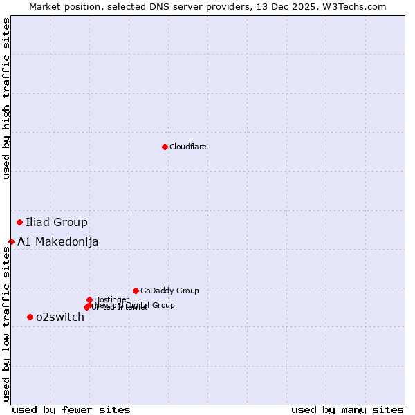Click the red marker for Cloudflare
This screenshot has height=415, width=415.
165,147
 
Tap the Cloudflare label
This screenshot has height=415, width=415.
188,147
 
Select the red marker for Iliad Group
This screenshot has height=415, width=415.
20,222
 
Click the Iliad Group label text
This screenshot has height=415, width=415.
57,222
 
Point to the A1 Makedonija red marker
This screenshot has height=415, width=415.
12,241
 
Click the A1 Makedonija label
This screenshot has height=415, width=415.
58,241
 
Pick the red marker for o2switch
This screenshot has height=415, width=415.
30,317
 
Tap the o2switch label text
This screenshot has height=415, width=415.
60,317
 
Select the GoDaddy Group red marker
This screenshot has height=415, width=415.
136,290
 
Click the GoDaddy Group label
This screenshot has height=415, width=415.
169,290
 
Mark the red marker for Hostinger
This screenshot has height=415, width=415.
89,299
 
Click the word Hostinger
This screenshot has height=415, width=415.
111,299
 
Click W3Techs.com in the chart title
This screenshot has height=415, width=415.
356,6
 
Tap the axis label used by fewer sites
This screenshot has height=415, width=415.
71,409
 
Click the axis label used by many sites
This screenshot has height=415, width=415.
347,409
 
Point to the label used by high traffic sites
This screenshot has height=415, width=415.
6,98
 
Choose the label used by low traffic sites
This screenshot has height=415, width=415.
6,324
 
